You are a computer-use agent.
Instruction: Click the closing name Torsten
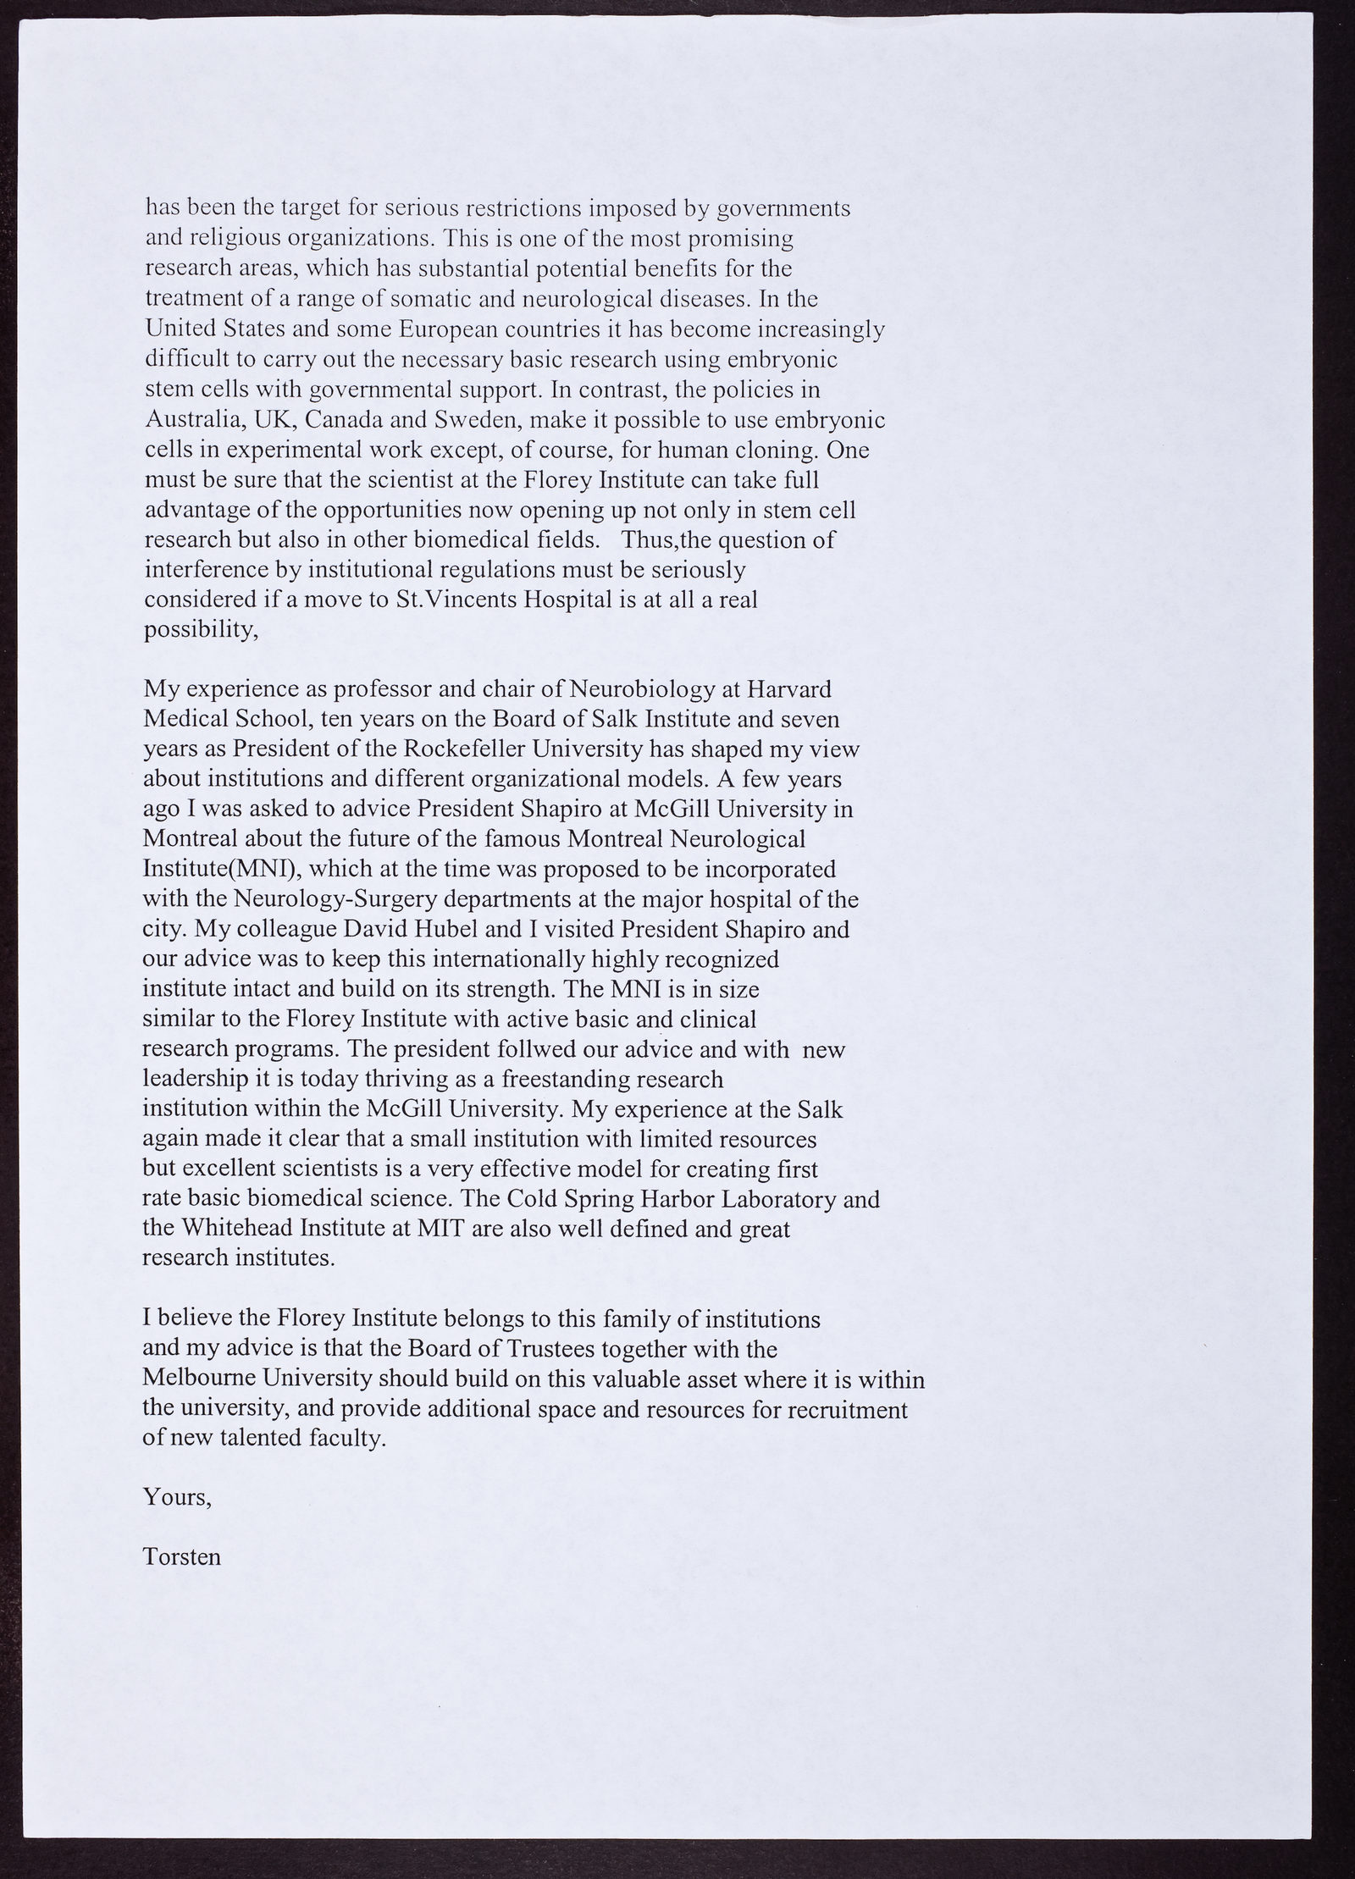[x=183, y=1556]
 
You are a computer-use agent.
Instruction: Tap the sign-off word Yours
[x=177, y=1497]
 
